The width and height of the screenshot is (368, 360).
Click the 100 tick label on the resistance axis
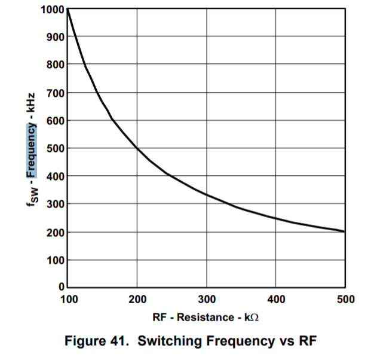pyautogui.click(x=68, y=298)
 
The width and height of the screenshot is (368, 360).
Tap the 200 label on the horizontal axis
pyautogui.click(x=137, y=298)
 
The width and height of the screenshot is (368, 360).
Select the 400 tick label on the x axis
pyautogui.click(x=275, y=298)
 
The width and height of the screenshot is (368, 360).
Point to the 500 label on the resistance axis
pyautogui.click(x=345, y=298)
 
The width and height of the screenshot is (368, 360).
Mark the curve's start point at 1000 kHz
pyautogui.click(x=68, y=9)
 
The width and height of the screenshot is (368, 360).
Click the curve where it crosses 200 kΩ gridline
pyautogui.click(x=137, y=148)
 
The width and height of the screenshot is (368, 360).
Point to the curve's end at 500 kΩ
pyautogui.click(x=345, y=231)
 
